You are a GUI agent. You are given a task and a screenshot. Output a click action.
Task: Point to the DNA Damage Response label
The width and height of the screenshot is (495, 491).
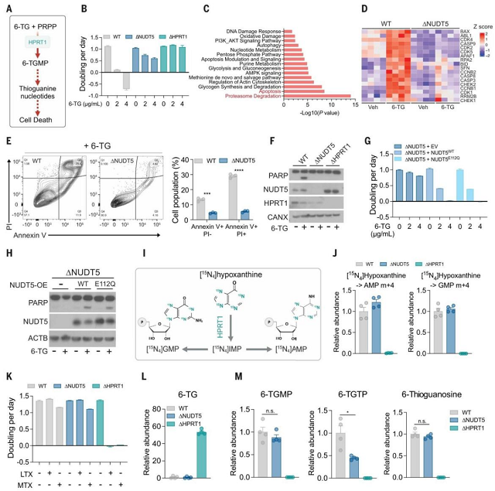coord(251,29)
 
